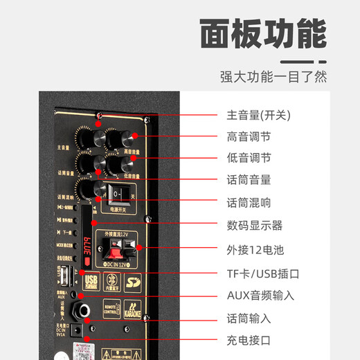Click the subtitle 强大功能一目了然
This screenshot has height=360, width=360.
coord(273,77)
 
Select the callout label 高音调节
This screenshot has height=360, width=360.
coord(249,136)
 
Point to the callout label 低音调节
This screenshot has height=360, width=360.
coord(249,159)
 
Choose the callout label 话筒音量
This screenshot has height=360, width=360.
coord(249,180)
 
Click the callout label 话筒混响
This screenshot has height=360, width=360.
coord(249,203)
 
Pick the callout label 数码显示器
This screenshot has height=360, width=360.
coord(254,226)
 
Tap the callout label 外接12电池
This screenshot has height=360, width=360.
coord(255,249)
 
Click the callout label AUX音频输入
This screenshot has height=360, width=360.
coord(260,296)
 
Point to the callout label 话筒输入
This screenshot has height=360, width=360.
coord(249,318)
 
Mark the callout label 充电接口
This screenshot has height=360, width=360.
coord(249,341)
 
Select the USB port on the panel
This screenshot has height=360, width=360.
coord(64,276)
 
